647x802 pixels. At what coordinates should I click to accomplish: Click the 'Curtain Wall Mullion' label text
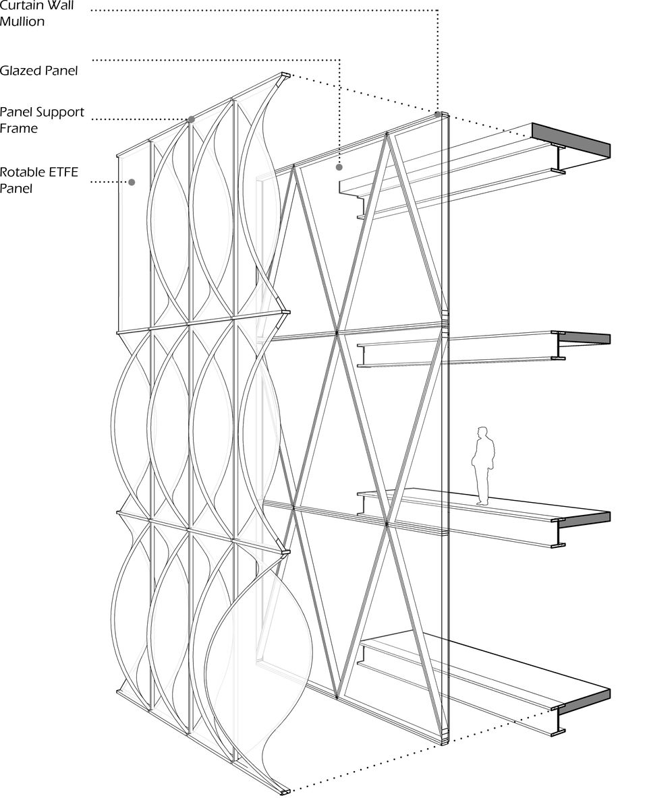click(x=36, y=13)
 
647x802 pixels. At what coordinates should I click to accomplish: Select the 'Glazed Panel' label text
click(x=38, y=70)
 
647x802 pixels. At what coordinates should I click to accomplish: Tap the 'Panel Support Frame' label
click(x=42, y=119)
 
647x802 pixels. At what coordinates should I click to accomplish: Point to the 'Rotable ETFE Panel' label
click(x=39, y=180)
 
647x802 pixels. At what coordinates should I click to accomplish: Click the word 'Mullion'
click(x=22, y=22)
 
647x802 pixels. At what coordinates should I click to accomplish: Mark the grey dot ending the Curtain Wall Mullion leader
click(x=438, y=115)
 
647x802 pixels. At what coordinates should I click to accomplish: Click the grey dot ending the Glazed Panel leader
click(x=339, y=166)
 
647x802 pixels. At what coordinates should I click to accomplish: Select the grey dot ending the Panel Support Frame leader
click(x=191, y=119)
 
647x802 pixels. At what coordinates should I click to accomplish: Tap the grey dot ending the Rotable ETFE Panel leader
click(x=132, y=182)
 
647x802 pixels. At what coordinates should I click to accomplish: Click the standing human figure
click(x=483, y=465)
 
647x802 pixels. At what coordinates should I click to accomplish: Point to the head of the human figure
click(x=482, y=431)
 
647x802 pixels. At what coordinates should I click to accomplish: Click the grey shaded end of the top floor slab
click(x=571, y=141)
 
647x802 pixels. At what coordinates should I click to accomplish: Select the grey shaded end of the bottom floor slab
click(x=584, y=701)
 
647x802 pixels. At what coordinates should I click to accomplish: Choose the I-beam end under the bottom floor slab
click(x=559, y=720)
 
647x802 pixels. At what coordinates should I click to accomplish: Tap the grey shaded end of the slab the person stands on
click(x=586, y=518)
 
